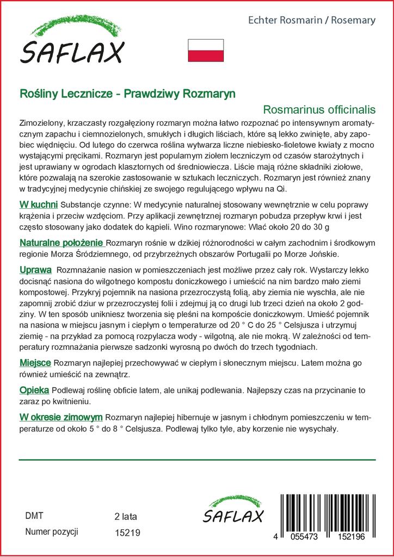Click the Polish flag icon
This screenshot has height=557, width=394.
tap(206, 50)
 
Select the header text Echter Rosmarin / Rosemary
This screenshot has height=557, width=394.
tap(311, 20)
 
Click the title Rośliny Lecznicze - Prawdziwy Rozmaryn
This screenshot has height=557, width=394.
tap(127, 93)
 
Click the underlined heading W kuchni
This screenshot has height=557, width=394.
tap(38, 205)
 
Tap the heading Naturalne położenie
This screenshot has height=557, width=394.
tap(61, 242)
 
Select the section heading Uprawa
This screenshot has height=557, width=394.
tap(35, 270)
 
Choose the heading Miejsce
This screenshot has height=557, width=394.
tap(35, 363)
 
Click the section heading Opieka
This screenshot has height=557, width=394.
tap(34, 391)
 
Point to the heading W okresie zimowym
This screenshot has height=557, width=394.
tap(61, 417)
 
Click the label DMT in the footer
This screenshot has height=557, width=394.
tap(34, 516)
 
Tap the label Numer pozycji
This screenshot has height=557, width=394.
tap(52, 531)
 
